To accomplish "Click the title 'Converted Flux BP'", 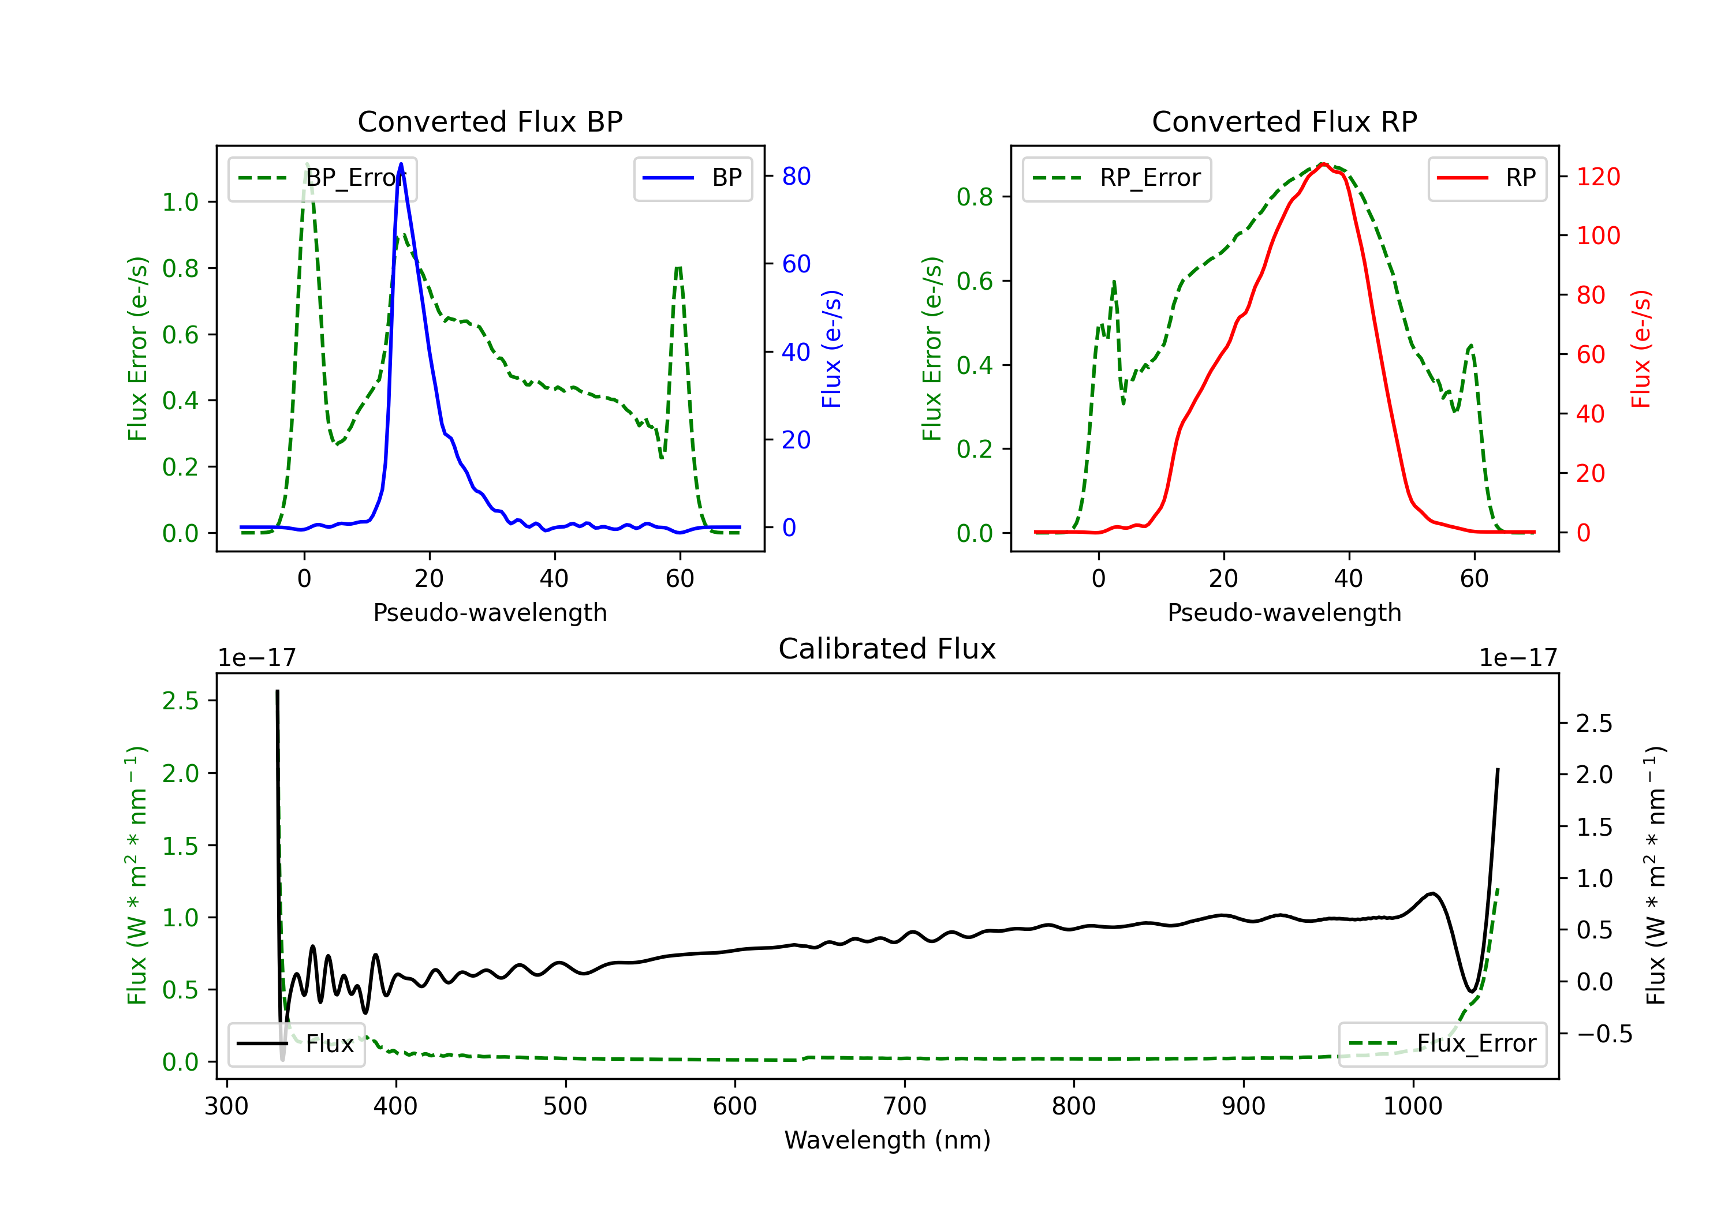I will coord(490,121).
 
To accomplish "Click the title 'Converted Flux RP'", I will coord(1284,121).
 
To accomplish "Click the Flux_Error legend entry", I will coord(1442,1044).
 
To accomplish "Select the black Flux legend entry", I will coord(297,1044).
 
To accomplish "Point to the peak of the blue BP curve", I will coord(401,164).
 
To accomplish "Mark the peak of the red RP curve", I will coord(1323,164).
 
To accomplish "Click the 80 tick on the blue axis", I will coord(796,177).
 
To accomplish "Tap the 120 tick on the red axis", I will coord(1597,177).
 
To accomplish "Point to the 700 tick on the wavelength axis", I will coord(905,1106).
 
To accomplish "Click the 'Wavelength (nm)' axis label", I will coord(887,1140).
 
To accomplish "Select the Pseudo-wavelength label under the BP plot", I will coord(490,612).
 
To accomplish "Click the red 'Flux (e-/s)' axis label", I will coord(1641,349).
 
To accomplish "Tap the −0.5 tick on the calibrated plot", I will coord(1604,1034).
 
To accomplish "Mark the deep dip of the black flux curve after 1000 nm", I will coord(1471,991).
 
